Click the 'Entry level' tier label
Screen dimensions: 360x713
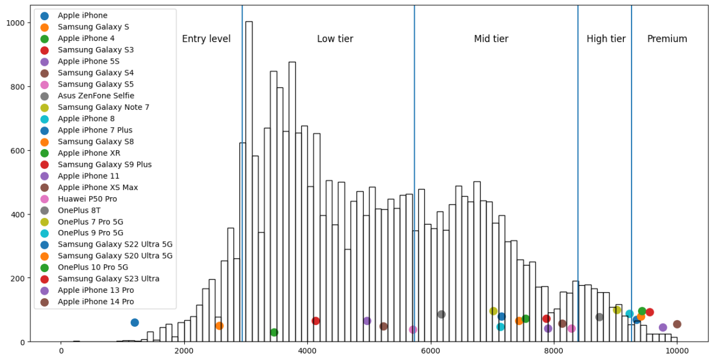pyautogui.click(x=206, y=39)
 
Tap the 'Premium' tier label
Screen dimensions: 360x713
pyautogui.click(x=667, y=39)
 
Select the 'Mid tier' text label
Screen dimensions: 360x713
pyautogui.click(x=491, y=39)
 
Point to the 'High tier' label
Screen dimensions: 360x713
pyautogui.click(x=605, y=39)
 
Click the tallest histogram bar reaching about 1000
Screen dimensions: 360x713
pyautogui.click(x=248, y=178)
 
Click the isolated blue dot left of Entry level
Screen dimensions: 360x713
pyautogui.click(x=135, y=323)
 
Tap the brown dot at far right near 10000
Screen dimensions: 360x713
pyautogui.click(x=677, y=324)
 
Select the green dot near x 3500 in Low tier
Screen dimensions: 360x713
pyautogui.click(x=274, y=332)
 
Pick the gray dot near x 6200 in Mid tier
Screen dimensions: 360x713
pyautogui.click(x=441, y=314)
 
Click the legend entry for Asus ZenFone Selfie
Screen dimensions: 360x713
pyautogui.click(x=96, y=96)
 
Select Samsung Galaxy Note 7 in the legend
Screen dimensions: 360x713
pyautogui.click(x=103, y=108)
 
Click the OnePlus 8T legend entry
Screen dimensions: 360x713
pyautogui.click(x=79, y=210)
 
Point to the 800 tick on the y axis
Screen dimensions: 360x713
pyautogui.click(x=17, y=87)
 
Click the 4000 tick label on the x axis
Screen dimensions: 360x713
pyautogui.click(x=307, y=351)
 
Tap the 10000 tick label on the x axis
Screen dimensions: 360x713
pyautogui.click(x=677, y=351)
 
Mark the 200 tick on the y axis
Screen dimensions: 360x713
pyautogui.click(x=17, y=279)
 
